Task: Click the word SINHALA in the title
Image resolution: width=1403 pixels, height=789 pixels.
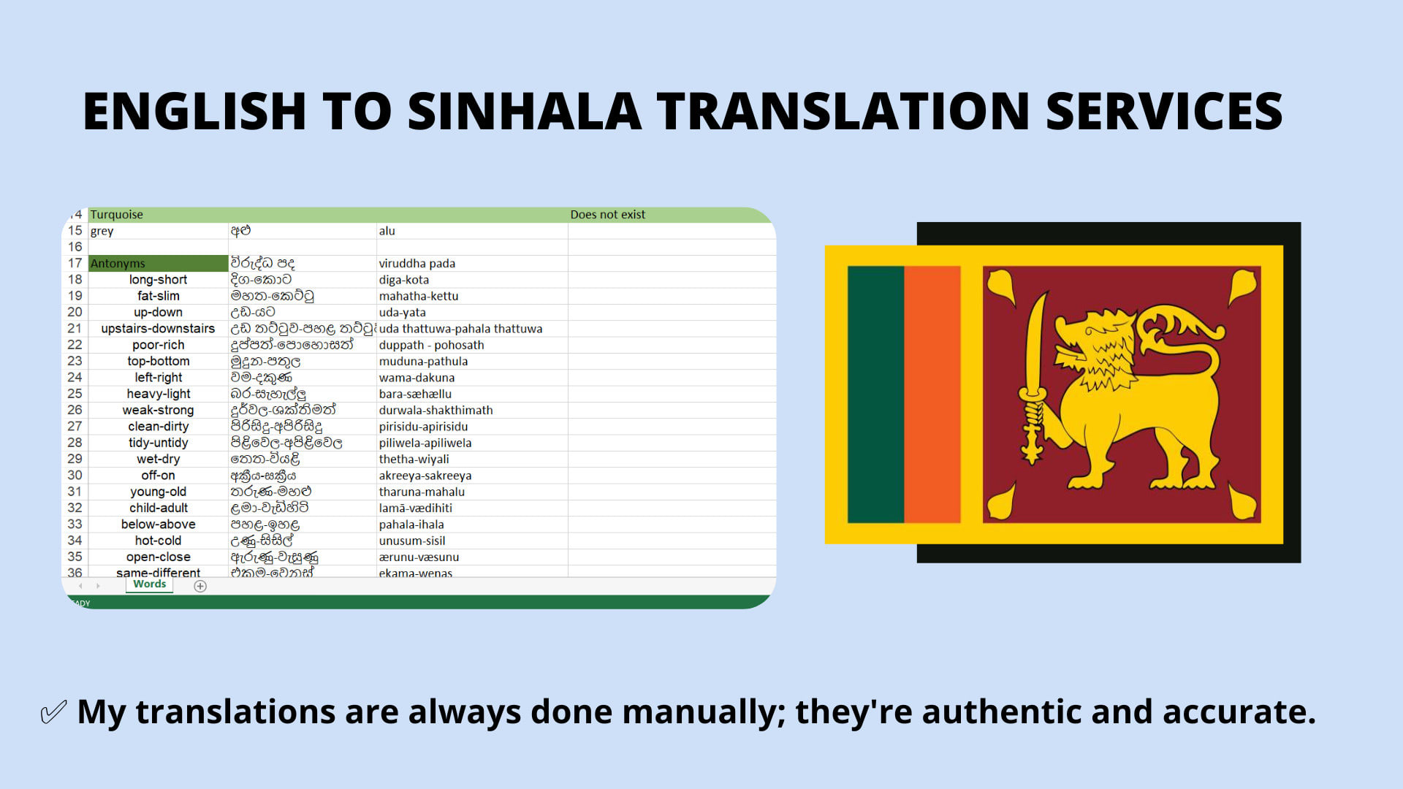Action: click(x=524, y=112)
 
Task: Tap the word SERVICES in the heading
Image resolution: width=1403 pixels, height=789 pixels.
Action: click(x=1164, y=112)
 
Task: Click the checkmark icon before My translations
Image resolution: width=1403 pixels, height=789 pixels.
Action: click(x=53, y=712)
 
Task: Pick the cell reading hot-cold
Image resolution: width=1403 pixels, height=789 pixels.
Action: click(x=158, y=541)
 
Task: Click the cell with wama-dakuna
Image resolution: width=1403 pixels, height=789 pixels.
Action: click(x=417, y=378)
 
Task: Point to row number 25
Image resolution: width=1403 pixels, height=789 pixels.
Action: click(x=75, y=394)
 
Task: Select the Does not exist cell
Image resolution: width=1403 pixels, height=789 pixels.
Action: click(x=607, y=215)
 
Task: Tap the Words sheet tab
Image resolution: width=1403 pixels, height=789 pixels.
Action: click(x=149, y=584)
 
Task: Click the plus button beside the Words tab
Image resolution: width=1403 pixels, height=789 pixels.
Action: click(x=200, y=586)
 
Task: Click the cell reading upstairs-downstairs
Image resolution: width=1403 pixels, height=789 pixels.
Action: click(x=158, y=329)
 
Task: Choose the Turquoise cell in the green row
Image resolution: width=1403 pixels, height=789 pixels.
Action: click(x=117, y=215)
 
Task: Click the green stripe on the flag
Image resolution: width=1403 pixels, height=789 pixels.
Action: click(x=875, y=394)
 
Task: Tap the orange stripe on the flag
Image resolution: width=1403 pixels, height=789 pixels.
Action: click(x=932, y=394)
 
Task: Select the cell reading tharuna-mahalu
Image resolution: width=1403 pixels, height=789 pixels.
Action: click(x=422, y=492)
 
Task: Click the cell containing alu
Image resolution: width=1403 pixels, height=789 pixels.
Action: click(x=387, y=231)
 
